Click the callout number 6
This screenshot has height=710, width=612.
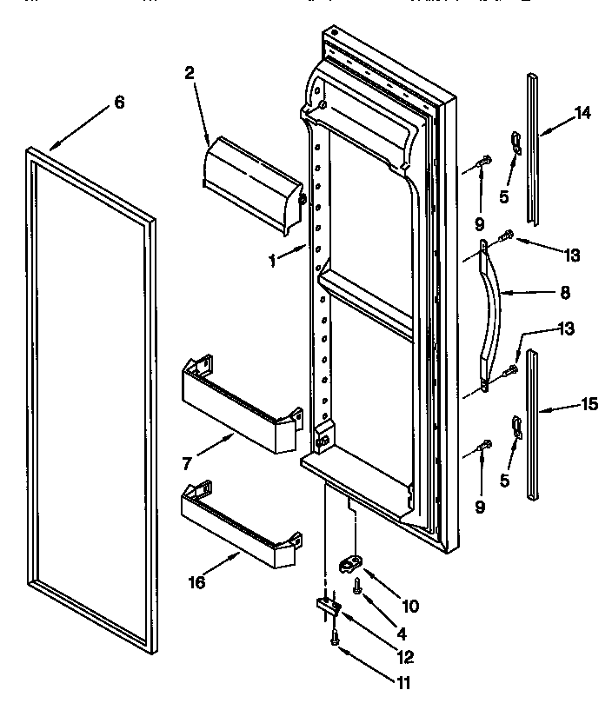(x=119, y=103)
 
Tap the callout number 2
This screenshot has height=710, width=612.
(x=190, y=74)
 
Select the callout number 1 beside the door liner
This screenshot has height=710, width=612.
(x=272, y=259)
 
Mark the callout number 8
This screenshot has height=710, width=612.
(x=564, y=293)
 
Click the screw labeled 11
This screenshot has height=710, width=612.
(x=335, y=639)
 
